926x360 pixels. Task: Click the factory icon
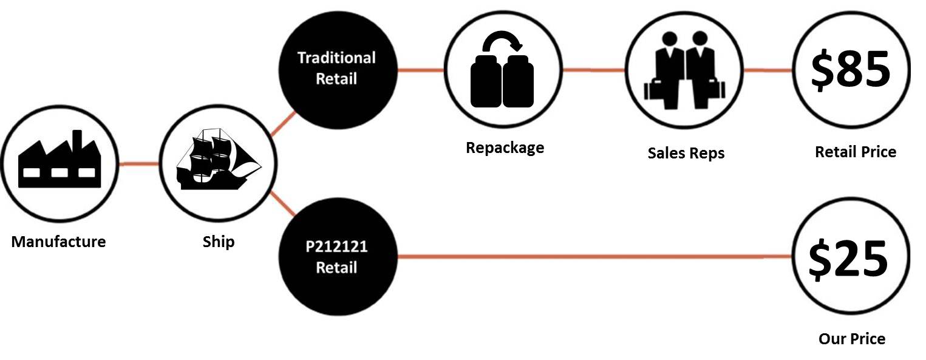(x=59, y=161)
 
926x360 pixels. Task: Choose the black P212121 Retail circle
(x=336, y=257)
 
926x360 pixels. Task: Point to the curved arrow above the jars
(x=502, y=41)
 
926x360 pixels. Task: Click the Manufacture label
(x=58, y=242)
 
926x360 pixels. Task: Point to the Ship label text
(x=218, y=242)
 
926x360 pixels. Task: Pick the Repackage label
(x=505, y=148)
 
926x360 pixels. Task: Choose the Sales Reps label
(x=686, y=153)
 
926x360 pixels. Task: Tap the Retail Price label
(x=855, y=152)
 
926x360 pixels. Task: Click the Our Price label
(x=851, y=339)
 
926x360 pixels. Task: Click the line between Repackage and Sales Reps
(x=594, y=70)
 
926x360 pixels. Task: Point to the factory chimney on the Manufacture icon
(x=77, y=140)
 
